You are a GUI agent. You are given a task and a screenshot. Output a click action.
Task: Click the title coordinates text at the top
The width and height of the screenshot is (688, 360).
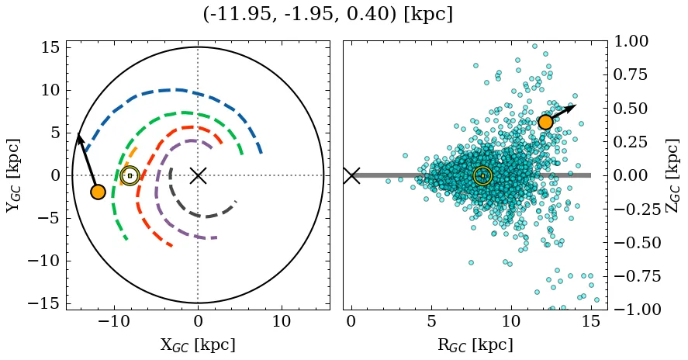coord(327,15)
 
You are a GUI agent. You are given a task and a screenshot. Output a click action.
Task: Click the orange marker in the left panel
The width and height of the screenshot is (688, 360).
coord(98,192)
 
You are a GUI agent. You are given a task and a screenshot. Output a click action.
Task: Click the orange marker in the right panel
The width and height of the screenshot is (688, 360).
coord(545,122)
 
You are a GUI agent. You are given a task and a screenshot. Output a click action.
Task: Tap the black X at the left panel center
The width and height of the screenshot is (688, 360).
coord(198,175)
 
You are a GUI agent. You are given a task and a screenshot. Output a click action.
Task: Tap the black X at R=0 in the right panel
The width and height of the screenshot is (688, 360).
coord(351,175)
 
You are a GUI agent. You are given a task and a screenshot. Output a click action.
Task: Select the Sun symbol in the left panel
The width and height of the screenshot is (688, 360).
coord(130,175)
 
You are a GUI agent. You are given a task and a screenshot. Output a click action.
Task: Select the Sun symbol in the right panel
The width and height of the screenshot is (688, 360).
coord(482,175)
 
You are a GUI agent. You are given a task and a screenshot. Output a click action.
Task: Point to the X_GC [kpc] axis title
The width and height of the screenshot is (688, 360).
coord(198,345)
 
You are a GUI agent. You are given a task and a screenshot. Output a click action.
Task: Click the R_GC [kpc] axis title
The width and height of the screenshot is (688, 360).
coord(475,345)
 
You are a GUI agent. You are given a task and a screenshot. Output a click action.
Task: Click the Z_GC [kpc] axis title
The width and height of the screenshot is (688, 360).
coord(672,175)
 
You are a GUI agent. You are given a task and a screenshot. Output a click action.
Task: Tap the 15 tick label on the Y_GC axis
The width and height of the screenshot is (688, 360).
coord(50,48)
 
